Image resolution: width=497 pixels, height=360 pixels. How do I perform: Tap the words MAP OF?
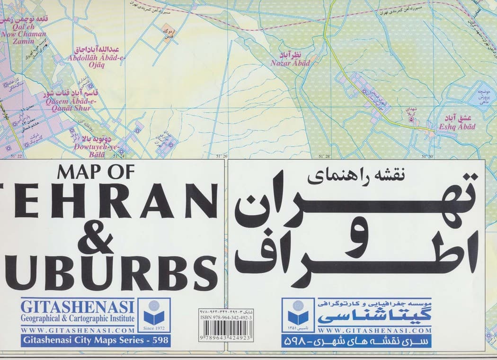point(96,171)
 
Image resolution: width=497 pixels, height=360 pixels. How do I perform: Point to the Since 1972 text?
point(154,328)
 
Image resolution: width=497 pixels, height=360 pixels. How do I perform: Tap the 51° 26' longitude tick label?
point(222,156)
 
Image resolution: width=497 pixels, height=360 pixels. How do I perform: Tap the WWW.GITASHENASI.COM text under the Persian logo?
point(374,330)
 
